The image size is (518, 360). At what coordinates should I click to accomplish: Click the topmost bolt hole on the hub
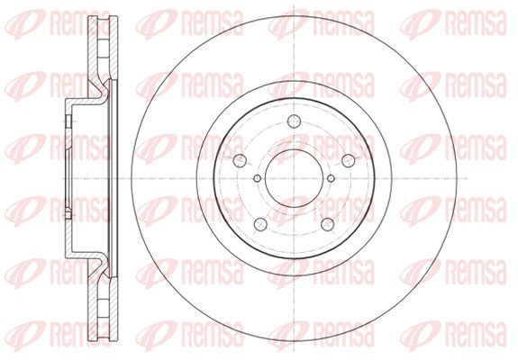click(294, 121)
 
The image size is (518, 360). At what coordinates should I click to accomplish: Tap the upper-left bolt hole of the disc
click(240, 161)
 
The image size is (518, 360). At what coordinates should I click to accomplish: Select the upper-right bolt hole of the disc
click(349, 161)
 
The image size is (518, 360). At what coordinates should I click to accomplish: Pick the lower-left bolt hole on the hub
click(260, 224)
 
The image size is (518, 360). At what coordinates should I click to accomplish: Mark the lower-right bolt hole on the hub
click(327, 224)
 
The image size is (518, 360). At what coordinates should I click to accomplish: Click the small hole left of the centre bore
click(258, 178)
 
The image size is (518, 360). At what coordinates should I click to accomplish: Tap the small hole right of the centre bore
click(331, 178)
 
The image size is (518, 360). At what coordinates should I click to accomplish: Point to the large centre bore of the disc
click(294, 178)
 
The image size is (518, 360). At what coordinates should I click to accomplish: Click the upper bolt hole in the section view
click(68, 121)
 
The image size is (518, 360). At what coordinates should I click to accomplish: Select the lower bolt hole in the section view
click(68, 215)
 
